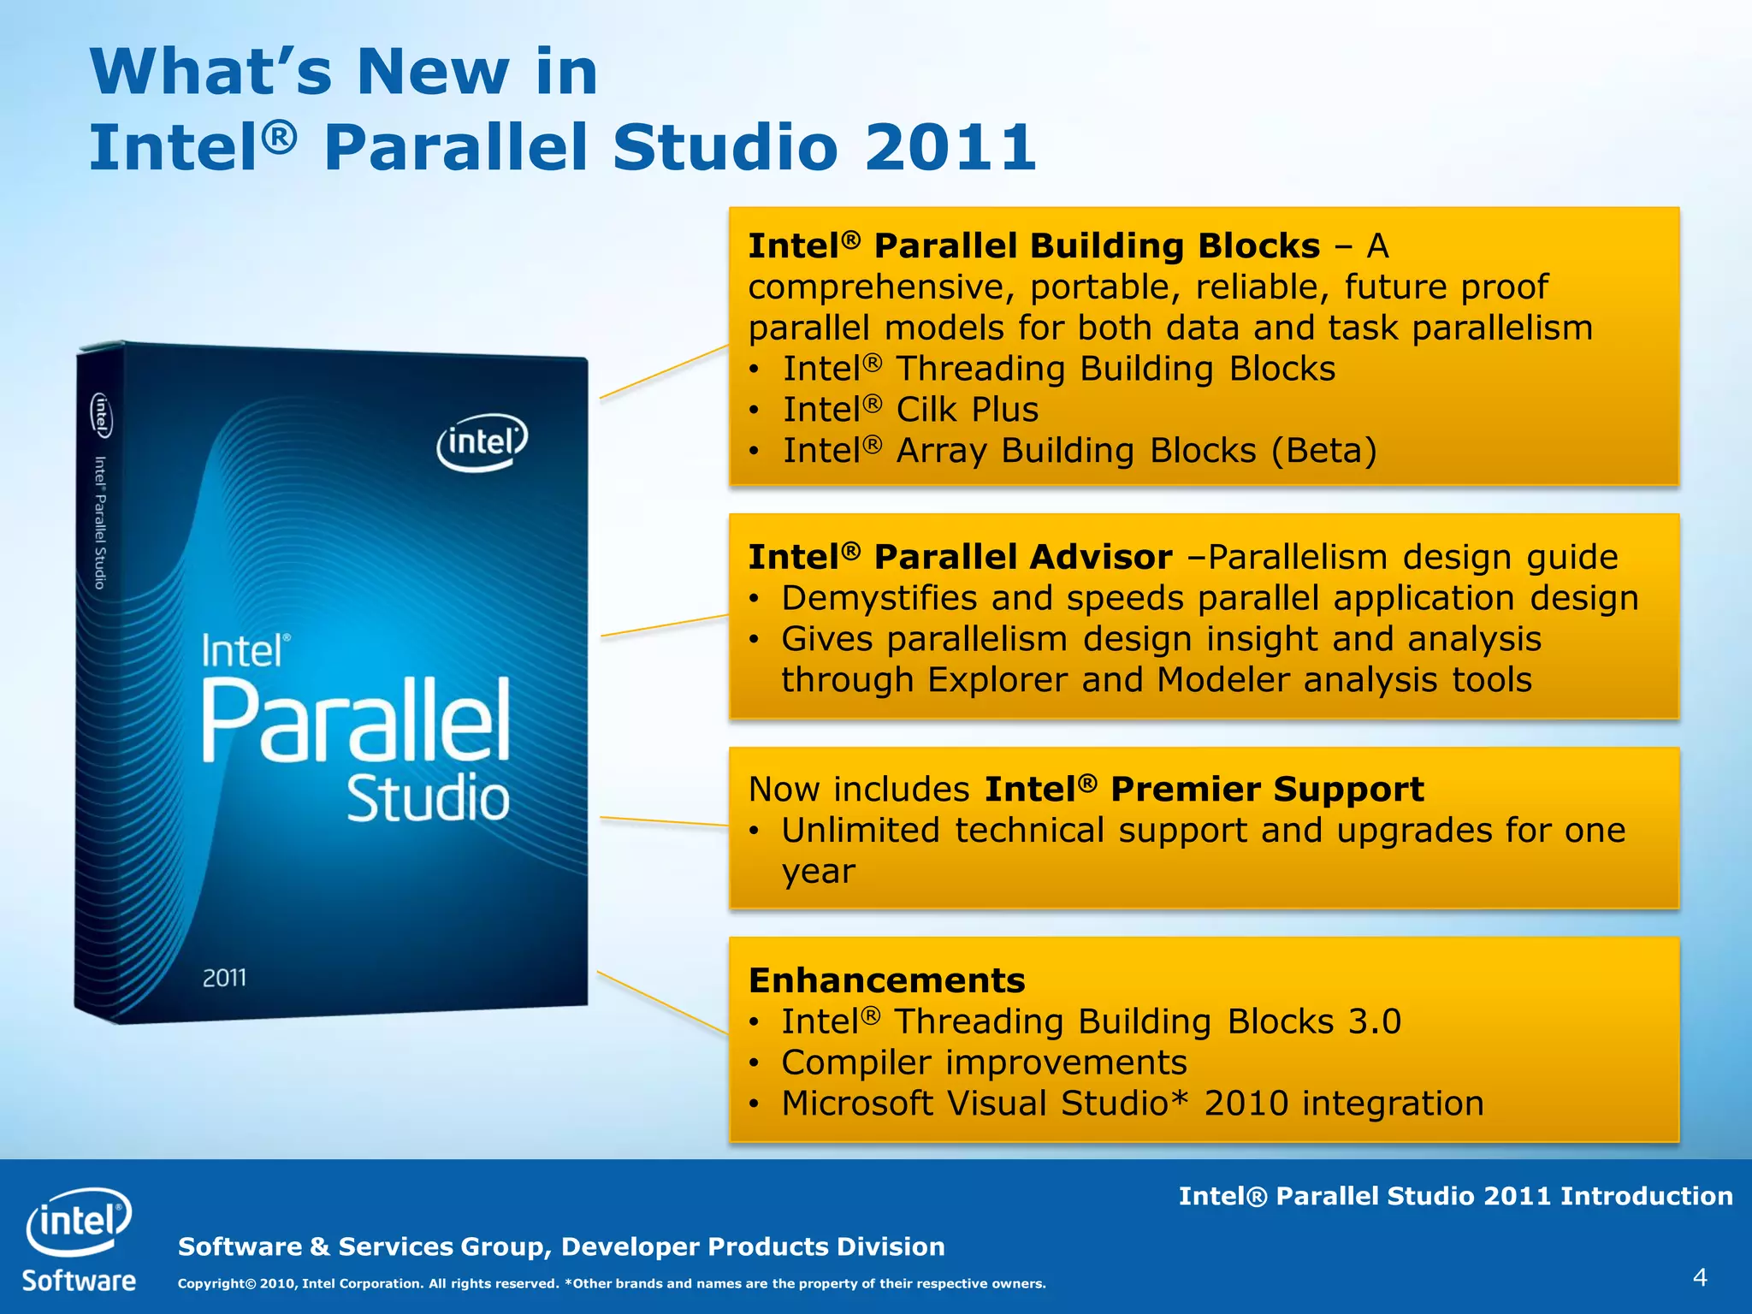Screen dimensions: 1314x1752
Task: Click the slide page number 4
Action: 1699,1277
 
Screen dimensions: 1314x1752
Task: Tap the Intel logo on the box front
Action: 482,442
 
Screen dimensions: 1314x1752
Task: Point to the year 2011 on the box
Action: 224,977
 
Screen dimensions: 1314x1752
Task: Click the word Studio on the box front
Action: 428,799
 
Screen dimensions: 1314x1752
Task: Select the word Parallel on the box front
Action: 356,720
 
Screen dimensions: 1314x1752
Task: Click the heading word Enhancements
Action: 886,980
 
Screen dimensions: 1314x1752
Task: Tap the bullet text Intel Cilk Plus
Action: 910,410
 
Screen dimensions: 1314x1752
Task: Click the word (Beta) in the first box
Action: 1324,451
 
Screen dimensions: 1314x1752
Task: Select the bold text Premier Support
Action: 1267,789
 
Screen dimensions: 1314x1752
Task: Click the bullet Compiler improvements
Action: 984,1062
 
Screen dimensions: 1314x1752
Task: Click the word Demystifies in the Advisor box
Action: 879,598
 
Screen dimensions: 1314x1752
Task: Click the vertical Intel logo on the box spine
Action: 101,415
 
